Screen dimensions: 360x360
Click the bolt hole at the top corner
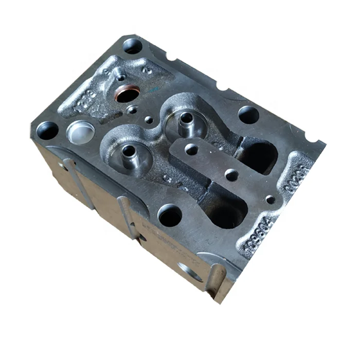point(132,46)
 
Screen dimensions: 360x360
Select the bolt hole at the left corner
point(47,131)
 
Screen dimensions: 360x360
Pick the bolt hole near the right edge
point(248,114)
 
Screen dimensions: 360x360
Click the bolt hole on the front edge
point(170,214)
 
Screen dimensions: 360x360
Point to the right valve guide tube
point(185,120)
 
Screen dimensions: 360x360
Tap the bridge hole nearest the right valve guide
point(191,150)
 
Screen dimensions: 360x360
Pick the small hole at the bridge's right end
point(270,200)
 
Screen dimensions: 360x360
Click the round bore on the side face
point(190,271)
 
